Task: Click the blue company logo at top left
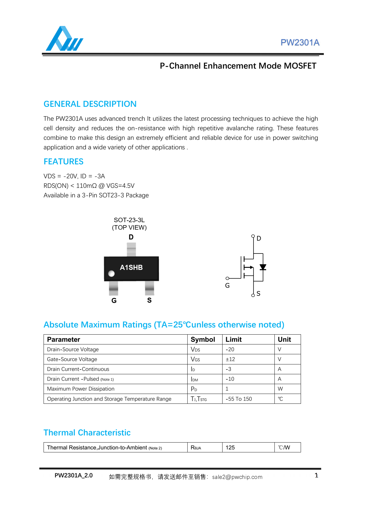(x=64, y=39)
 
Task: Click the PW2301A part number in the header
(x=300, y=43)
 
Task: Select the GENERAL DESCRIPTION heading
(x=90, y=104)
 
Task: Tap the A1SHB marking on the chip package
(x=131, y=267)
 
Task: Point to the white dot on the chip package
(x=112, y=273)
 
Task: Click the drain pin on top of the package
(x=131, y=249)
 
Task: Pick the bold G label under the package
(x=114, y=301)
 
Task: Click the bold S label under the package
(x=149, y=300)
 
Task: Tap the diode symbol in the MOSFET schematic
(x=263, y=267)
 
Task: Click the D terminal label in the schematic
(x=259, y=239)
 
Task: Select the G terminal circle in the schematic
(x=227, y=279)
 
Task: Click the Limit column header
(x=234, y=340)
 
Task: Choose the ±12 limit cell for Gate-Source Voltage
(x=230, y=359)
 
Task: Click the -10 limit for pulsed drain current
(x=230, y=379)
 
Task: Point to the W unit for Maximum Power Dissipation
(x=280, y=389)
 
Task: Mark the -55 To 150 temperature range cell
(x=239, y=399)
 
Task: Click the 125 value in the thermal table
(x=230, y=448)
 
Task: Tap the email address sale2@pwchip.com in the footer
(x=237, y=477)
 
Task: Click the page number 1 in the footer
(x=316, y=476)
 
